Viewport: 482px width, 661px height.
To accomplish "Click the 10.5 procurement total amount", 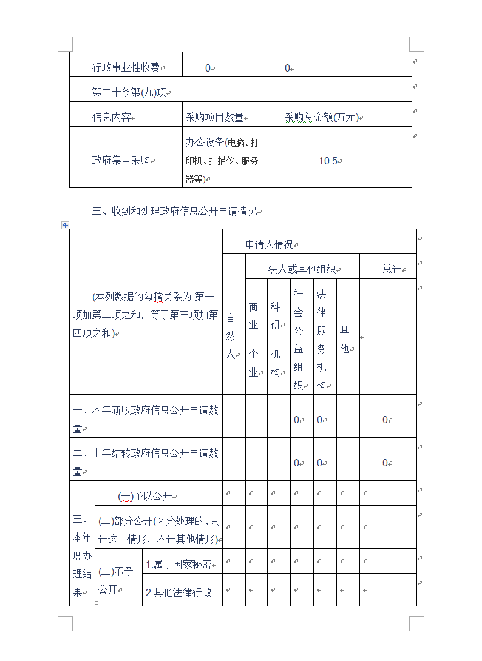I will [328, 161].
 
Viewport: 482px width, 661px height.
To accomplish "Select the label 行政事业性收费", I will [126, 68].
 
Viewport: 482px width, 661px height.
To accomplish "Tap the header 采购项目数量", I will [214, 118].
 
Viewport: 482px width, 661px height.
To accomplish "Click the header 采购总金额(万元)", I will [322, 118].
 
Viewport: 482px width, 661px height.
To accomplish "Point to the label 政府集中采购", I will [121, 161].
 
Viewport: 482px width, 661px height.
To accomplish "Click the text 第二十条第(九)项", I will [129, 93].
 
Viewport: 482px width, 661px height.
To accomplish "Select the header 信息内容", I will [111, 118].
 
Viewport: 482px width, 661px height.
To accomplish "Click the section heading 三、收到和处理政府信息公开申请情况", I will [174, 212].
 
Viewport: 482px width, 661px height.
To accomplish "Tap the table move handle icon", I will [65, 226].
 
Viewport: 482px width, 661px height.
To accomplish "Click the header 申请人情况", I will [270, 244].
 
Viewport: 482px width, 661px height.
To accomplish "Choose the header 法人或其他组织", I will [302, 269].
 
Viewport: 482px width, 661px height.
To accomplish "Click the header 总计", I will [392, 269].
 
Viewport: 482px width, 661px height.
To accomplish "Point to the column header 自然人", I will [231, 337].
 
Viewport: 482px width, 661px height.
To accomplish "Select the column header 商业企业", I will [254, 340].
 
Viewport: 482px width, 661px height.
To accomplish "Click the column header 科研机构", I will [276, 340].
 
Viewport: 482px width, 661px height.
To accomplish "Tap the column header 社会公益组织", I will [298, 340].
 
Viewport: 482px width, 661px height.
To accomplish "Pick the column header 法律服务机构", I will [321, 340].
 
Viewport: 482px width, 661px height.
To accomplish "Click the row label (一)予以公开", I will [145, 497].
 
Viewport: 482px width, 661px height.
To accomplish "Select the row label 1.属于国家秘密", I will [179, 565].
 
